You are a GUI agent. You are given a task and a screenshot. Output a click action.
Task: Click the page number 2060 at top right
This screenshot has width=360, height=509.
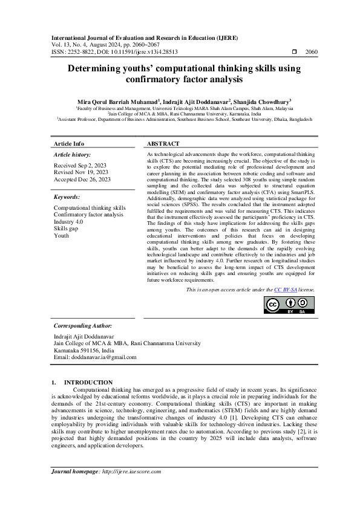click(312, 53)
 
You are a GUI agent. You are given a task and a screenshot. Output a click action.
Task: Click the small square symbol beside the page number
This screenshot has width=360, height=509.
click(294, 53)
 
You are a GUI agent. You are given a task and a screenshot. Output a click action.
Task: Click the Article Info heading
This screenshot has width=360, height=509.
click(69, 144)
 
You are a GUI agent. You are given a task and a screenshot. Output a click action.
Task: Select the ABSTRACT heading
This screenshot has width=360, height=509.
click(163, 144)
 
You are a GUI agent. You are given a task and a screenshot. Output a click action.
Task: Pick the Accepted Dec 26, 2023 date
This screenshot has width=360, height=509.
click(82, 179)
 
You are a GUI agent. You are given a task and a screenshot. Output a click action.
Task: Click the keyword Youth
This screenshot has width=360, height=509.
click(61, 236)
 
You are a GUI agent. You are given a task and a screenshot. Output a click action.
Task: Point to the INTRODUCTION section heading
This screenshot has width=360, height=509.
click(88, 382)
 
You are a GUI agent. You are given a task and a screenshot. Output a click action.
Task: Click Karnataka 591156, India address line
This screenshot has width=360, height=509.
click(83, 350)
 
